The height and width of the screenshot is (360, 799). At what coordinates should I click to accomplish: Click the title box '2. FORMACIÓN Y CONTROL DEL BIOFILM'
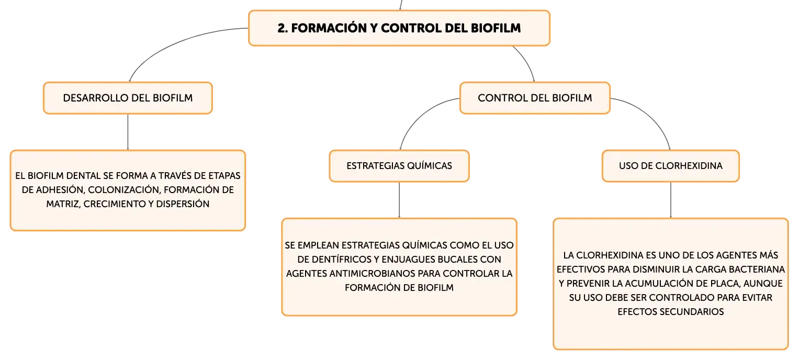pos(399,28)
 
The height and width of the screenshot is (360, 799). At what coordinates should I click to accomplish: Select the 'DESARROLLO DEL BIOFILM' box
pos(128,98)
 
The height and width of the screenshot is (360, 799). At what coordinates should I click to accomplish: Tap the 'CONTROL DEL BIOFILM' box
pos(535,98)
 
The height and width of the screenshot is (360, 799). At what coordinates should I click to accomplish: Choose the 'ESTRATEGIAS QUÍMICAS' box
pos(399,166)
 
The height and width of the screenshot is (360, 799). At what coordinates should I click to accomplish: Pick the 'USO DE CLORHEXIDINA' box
pos(671,166)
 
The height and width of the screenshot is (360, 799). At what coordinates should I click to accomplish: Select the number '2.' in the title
pos(283,28)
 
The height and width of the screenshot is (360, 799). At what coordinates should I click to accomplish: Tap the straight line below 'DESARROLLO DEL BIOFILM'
pos(128,132)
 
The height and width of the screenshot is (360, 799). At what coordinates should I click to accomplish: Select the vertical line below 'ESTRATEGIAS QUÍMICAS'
pos(399,200)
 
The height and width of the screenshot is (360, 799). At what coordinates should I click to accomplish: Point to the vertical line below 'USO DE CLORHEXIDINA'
pos(671,200)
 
